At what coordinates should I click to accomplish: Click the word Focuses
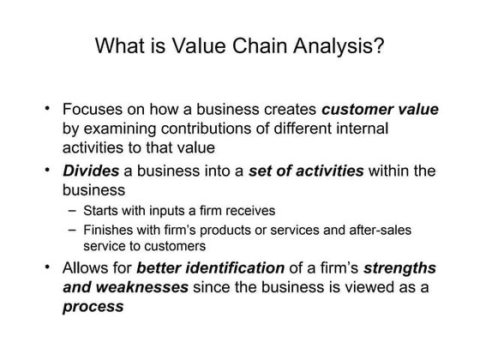point(93,110)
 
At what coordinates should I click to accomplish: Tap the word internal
point(359,129)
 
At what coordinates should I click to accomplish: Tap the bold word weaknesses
point(138,287)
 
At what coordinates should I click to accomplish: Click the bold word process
point(93,306)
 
